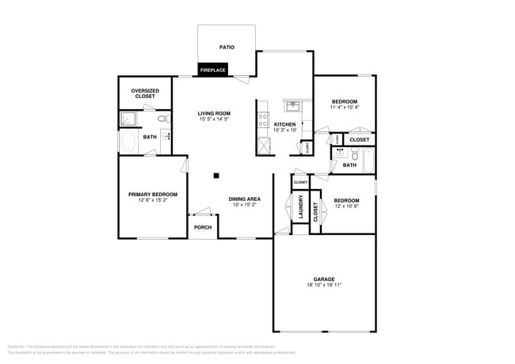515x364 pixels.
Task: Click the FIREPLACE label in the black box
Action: point(213,70)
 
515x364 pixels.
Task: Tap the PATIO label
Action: point(227,47)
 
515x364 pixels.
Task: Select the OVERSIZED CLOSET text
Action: point(145,93)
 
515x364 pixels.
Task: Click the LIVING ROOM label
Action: point(214,113)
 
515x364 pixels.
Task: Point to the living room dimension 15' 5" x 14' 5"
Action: point(214,119)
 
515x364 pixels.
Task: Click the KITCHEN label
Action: point(285,124)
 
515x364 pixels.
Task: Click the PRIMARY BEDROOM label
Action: point(153,194)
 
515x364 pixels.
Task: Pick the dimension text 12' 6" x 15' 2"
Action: point(153,200)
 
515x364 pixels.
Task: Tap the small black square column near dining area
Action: point(216,176)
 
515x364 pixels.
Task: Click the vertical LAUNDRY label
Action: point(301,207)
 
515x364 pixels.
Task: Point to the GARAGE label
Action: point(323,279)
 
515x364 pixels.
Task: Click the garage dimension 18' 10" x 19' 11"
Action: point(323,285)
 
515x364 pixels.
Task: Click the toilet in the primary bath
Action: point(163,119)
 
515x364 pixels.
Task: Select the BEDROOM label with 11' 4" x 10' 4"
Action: point(345,101)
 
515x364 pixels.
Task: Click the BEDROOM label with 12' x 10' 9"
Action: point(346,200)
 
